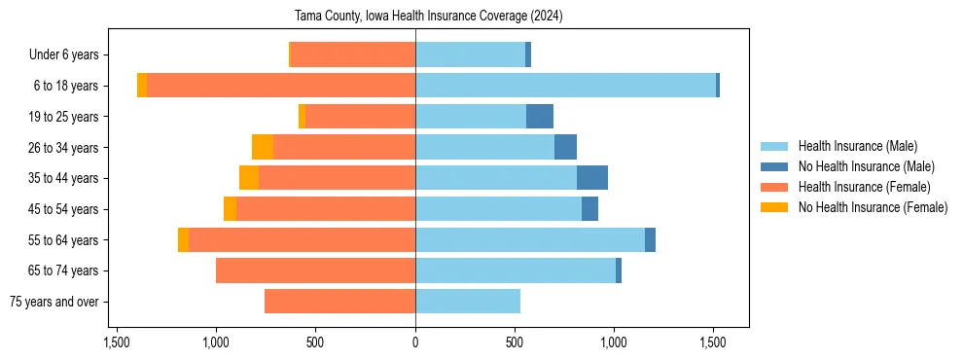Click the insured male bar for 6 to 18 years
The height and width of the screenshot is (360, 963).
pos(565,86)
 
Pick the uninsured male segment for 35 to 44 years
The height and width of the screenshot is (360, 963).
pos(592,178)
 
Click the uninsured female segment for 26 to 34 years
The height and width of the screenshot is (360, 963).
pos(263,147)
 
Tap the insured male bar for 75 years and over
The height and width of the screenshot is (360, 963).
pos(468,302)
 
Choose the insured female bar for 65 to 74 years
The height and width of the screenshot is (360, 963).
pos(315,270)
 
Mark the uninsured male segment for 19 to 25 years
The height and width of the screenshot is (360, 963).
pos(540,117)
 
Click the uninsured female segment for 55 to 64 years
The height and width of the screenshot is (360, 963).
pos(183,239)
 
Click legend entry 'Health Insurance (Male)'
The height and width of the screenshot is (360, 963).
pos(857,146)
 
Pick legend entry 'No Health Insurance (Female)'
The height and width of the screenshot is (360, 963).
pos(873,207)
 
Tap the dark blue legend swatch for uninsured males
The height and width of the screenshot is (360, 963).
pos(774,166)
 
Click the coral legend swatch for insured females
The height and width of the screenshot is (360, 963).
pos(774,187)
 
